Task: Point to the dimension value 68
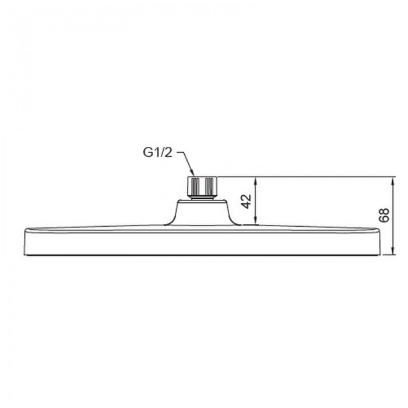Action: [382, 216]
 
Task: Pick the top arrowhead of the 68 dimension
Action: [391, 179]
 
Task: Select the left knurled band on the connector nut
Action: [191, 186]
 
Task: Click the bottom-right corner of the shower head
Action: [382, 254]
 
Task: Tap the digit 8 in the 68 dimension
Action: [382, 212]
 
